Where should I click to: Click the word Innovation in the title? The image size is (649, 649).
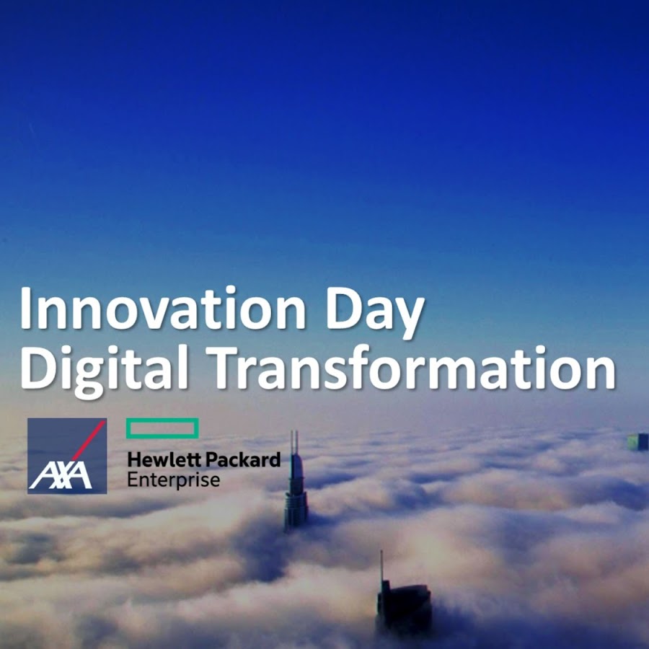tap(163, 308)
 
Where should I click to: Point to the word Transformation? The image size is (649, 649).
tap(410, 367)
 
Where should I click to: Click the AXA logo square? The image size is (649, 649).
tap(67, 456)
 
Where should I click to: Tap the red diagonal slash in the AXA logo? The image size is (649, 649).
tap(89, 441)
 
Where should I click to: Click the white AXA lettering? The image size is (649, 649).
tap(61, 475)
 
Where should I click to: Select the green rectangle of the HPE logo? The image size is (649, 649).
tap(162, 428)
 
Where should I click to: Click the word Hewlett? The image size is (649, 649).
tap(164, 460)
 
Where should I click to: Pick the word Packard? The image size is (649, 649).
tap(243, 460)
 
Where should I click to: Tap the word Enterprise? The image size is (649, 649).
tap(173, 480)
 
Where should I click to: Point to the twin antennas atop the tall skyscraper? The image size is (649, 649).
tap(294, 443)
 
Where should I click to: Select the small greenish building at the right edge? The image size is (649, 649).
tap(638, 441)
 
